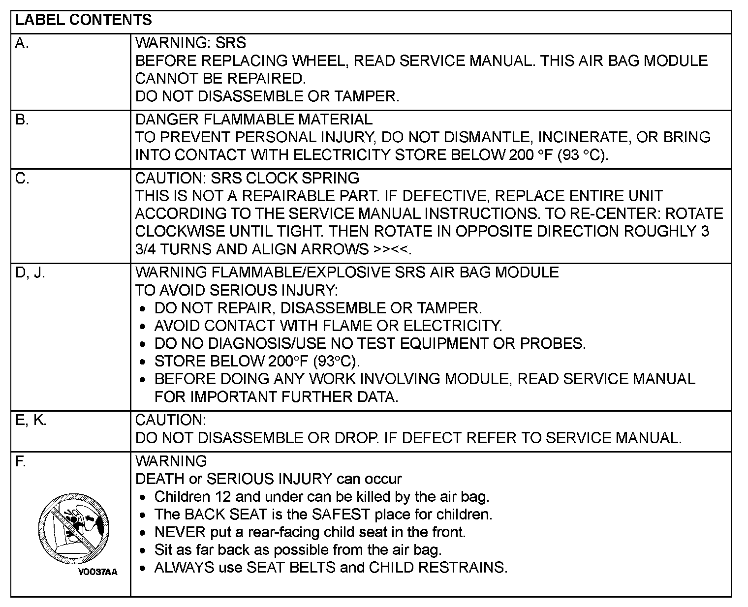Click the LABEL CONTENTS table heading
click(x=84, y=20)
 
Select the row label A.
click(x=22, y=43)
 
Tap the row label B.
click(x=22, y=120)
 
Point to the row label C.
click(x=23, y=179)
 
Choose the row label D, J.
click(x=30, y=273)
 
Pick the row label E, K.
click(x=31, y=421)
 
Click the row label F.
click(x=21, y=462)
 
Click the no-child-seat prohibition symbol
click(x=74, y=528)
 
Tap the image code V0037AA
click(x=97, y=572)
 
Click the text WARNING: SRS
click(x=190, y=43)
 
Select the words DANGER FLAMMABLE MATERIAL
click(x=253, y=120)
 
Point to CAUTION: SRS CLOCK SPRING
click(x=247, y=178)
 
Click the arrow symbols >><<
click(x=391, y=249)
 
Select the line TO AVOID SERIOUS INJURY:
click(x=237, y=290)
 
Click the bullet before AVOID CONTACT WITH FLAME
click(x=143, y=327)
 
